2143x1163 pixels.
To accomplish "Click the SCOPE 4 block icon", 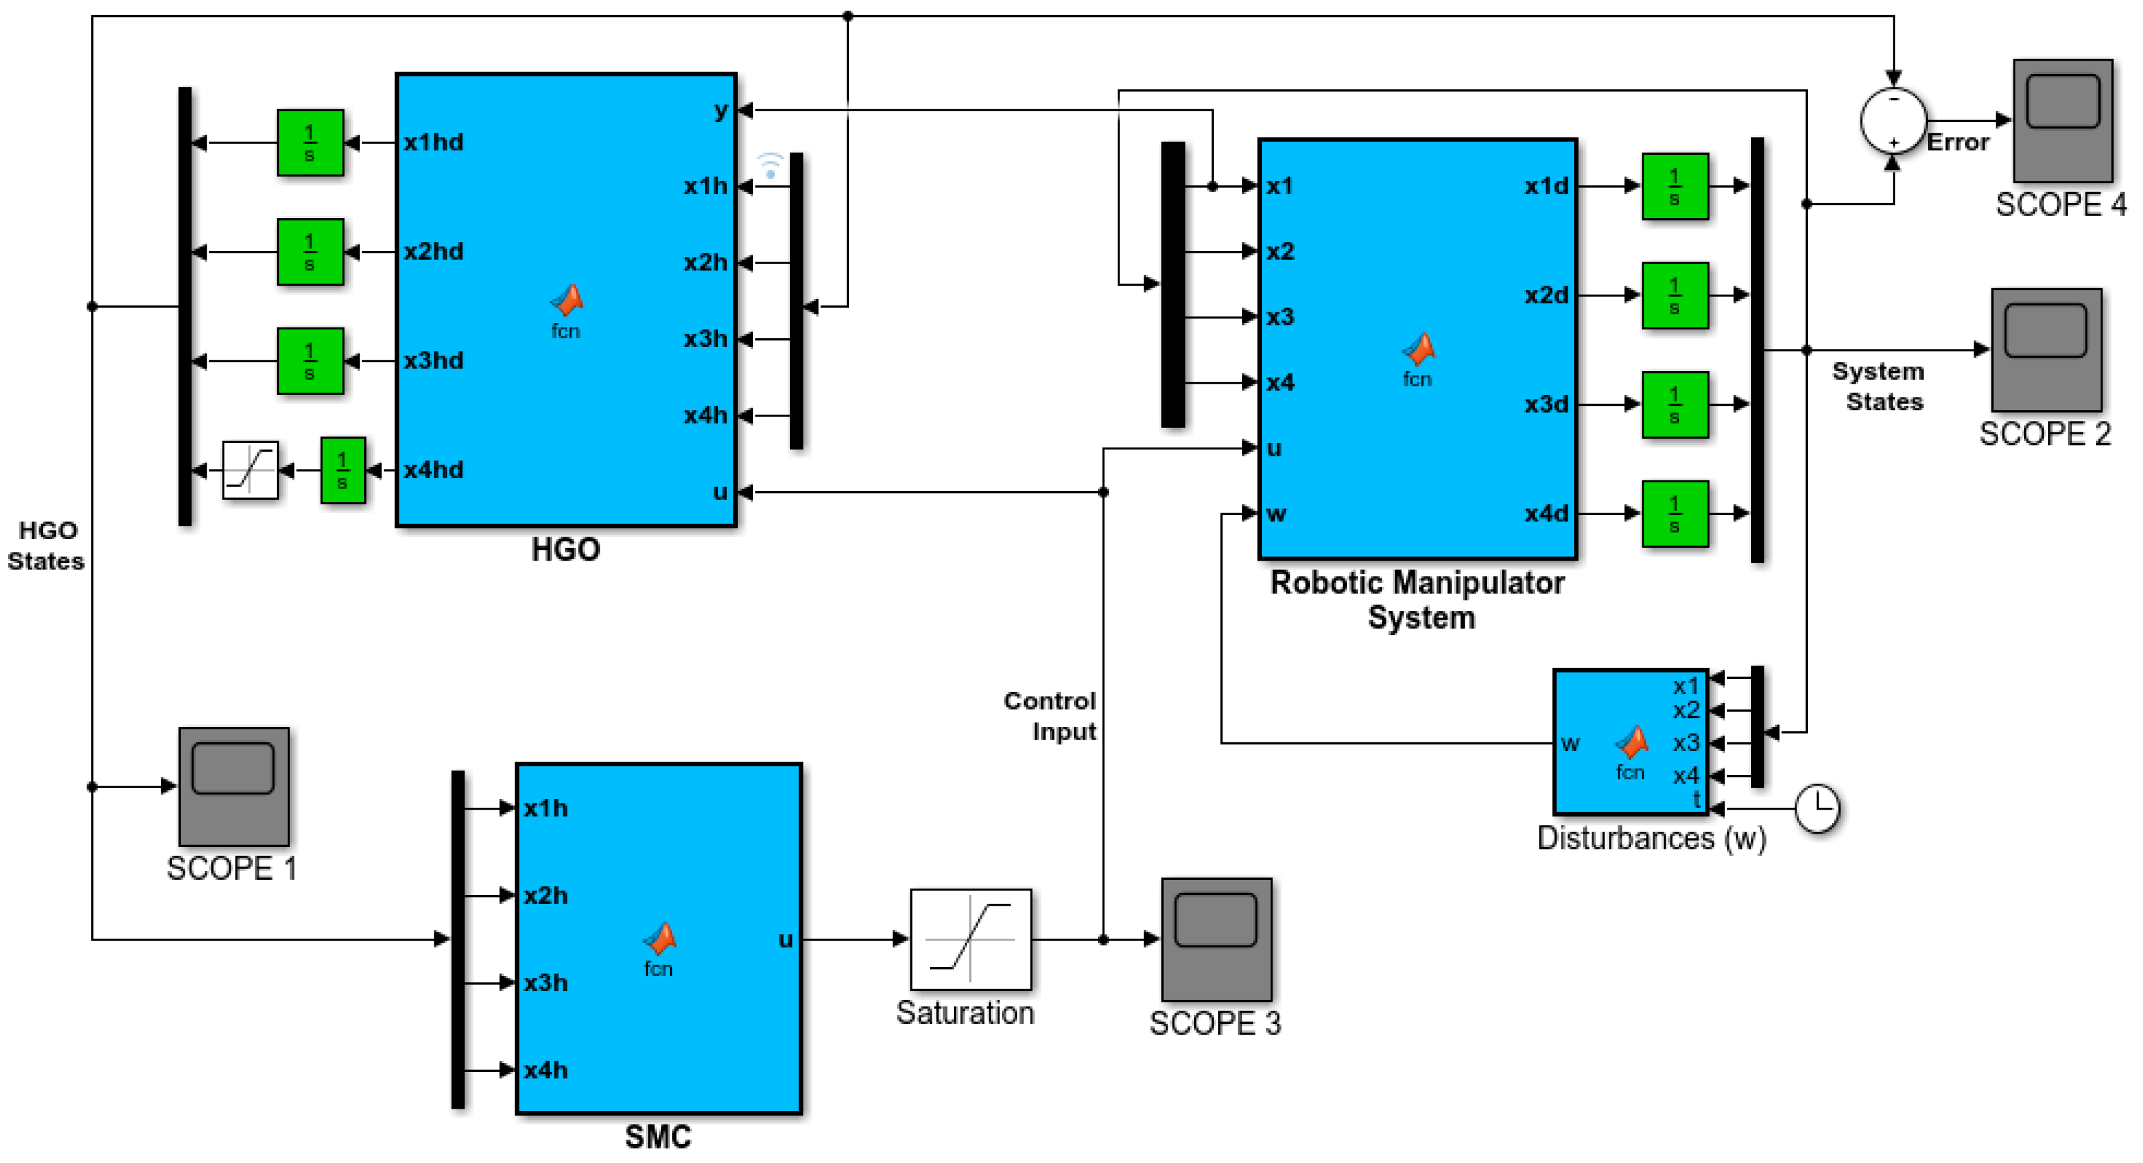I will [x=2061, y=120].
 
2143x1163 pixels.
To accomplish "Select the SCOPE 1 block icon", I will [x=234, y=786].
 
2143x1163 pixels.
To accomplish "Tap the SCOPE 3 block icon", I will [x=1216, y=939].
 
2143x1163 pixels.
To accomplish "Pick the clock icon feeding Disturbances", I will [x=1817, y=808].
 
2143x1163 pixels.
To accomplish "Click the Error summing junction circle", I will [x=1893, y=121].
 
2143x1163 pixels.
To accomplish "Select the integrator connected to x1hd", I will [x=310, y=142].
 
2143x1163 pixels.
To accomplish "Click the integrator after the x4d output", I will [x=1675, y=513].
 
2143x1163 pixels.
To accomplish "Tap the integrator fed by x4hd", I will [x=343, y=470].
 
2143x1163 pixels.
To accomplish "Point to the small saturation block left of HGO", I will [x=250, y=470].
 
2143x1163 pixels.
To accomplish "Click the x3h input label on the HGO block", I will [x=705, y=339].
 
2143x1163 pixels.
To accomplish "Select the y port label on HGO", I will [x=721, y=110].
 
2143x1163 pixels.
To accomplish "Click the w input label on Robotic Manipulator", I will [x=1276, y=513].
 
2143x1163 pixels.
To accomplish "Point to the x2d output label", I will [x=1546, y=295].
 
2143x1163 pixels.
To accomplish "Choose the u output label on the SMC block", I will [x=785, y=939].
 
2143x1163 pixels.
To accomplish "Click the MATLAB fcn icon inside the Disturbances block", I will [x=1632, y=742].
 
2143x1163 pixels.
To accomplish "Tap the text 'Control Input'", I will [x=1050, y=716].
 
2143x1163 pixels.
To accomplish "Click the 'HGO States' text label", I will [x=47, y=545].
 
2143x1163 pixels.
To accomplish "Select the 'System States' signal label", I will [x=1879, y=386].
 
